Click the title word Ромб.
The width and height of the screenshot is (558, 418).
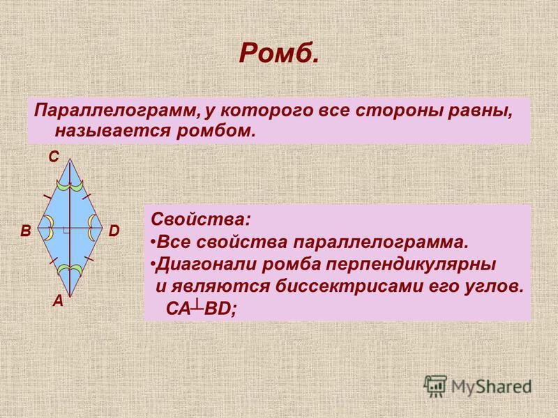pos(278,53)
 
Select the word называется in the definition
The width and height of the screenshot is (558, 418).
pos(113,131)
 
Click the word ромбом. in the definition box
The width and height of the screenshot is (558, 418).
pos(216,131)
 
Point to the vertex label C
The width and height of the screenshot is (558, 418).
pos(54,157)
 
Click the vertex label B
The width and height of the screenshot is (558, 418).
pos(26,231)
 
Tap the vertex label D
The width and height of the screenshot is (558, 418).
pos(114,231)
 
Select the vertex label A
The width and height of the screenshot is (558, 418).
pos(58,302)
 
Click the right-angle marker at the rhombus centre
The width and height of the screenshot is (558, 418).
pos(66,231)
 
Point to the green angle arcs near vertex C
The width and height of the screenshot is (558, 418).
pos(70,186)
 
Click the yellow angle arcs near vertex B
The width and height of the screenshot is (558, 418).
pos(49,228)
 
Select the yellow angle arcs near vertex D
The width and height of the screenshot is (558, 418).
pos(91,228)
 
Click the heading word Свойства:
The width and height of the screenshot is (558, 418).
pos(201,219)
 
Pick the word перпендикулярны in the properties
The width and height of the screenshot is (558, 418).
pos(379,265)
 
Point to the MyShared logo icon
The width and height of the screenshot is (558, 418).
pos(435,386)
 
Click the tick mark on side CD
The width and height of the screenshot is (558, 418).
pos(87,196)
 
